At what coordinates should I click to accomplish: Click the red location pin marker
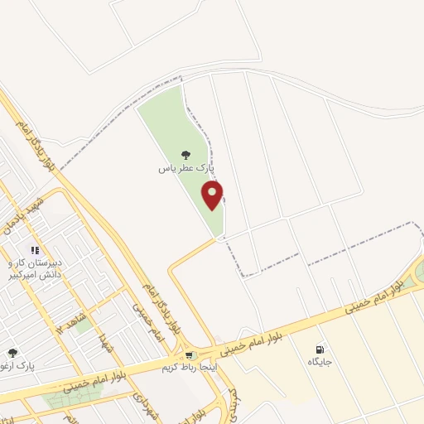[x=214, y=195]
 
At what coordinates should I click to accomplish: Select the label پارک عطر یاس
[x=186, y=167]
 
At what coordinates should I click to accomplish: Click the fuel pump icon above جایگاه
[x=320, y=349]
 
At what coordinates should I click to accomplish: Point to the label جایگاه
[x=320, y=363]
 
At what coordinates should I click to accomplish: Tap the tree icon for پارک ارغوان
[x=12, y=354]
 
